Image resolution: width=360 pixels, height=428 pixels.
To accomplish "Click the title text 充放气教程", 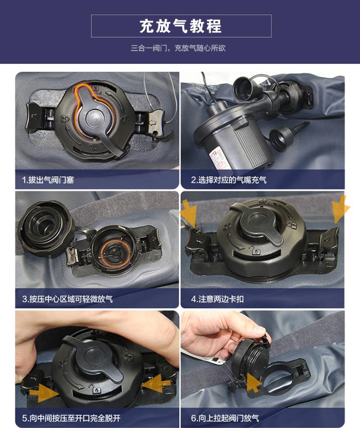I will [181, 26].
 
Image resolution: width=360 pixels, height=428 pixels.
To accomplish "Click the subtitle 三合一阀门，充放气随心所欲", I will [178, 48].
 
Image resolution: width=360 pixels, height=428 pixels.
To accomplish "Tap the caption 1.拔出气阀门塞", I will [48, 180].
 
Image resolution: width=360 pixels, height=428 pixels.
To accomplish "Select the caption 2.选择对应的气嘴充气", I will [228, 180].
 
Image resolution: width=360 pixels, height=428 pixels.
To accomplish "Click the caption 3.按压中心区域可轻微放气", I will [67, 299].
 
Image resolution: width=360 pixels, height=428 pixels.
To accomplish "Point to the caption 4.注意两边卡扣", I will [217, 299].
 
